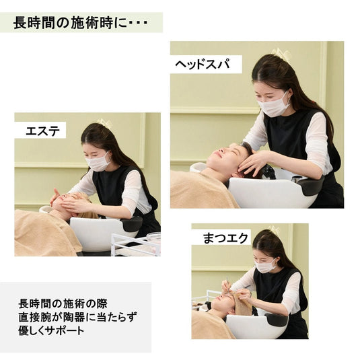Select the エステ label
[x=42, y=131]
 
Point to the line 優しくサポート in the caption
[x=52, y=332]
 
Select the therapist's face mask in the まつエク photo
[x=265, y=266]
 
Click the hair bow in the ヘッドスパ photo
[x=280, y=53]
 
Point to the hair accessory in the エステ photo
[x=104, y=123]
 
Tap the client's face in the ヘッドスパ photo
[x=225, y=160]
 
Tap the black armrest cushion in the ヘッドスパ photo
[x=312, y=184]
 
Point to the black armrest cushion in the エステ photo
[x=132, y=223]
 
